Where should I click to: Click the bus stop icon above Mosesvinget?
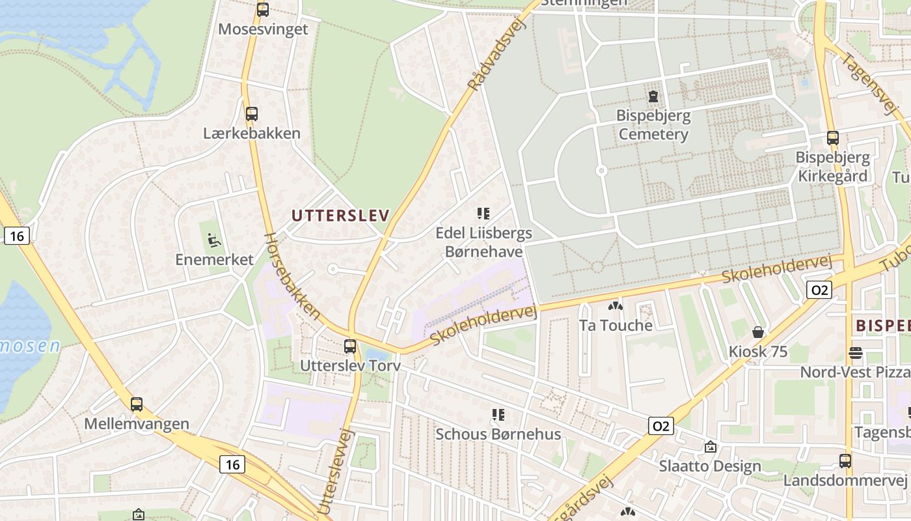click(263, 10)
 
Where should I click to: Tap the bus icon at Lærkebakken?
click(252, 114)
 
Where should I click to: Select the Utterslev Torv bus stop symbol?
click(350, 346)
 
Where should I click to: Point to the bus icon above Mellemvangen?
click(137, 404)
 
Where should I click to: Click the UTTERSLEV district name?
click(340, 216)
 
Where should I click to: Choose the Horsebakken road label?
click(293, 277)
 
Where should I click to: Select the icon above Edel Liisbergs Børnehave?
click(483, 213)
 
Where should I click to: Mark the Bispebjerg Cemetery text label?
click(653, 125)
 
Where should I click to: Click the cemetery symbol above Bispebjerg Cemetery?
click(653, 97)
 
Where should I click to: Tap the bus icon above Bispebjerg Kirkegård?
click(833, 138)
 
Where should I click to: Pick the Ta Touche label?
click(615, 325)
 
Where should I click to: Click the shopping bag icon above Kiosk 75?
click(758, 332)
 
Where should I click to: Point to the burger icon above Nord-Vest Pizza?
click(856, 353)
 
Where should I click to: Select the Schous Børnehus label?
click(498, 434)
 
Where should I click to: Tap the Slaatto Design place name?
click(709, 466)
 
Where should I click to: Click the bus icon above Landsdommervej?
click(845, 461)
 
